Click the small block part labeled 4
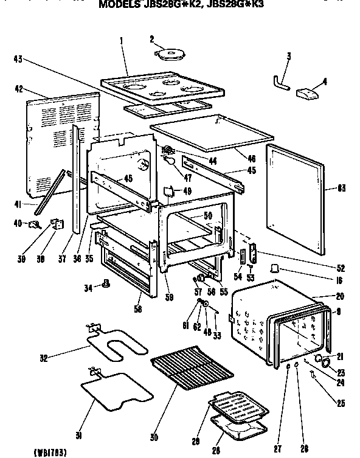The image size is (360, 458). [306, 92]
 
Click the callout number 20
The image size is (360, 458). [339, 296]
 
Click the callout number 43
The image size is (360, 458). [17, 59]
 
